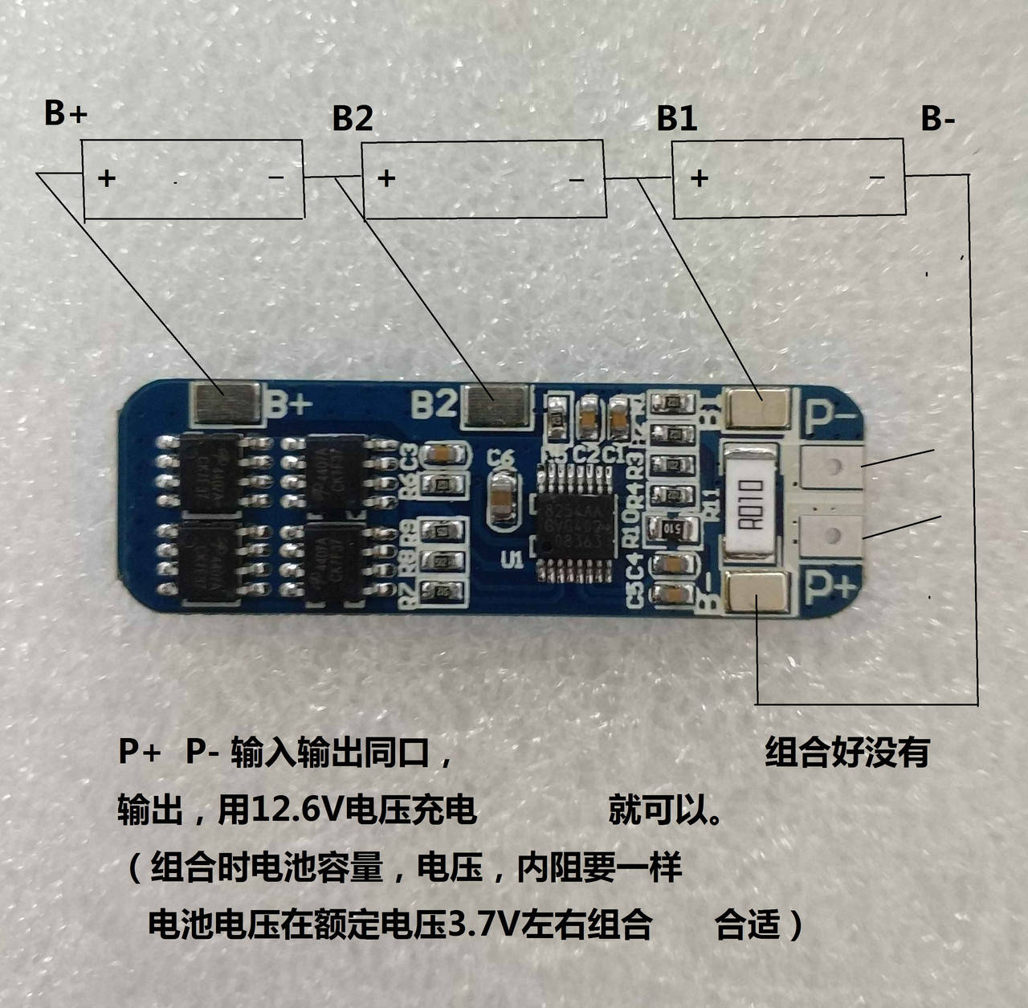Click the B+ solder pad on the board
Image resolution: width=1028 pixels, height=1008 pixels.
[x=225, y=403]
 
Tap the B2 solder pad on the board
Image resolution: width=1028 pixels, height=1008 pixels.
[x=497, y=404]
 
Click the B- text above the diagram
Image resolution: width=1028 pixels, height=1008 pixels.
[x=938, y=119]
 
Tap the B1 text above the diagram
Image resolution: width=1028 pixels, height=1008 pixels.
[x=676, y=118]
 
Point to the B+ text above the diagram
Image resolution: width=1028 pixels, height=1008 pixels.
[x=65, y=113]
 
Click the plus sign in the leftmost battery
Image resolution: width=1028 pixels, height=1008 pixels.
[x=107, y=178]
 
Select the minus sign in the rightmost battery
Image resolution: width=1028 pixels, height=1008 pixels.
[x=877, y=178]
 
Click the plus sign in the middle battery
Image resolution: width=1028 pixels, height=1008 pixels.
[x=386, y=178]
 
